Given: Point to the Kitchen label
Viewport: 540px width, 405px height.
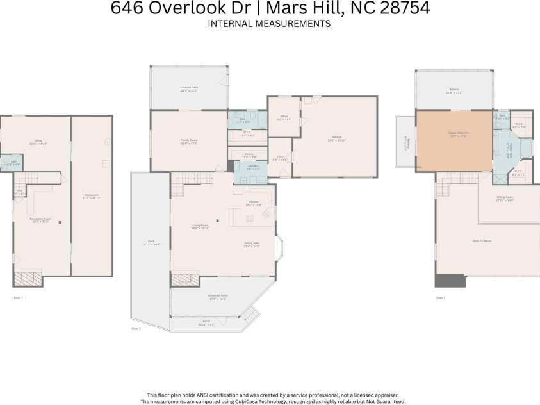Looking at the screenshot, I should pos(254,203).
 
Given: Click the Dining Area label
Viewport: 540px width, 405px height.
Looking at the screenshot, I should pos(252,244).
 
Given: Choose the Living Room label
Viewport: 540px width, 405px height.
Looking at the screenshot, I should pos(200,226).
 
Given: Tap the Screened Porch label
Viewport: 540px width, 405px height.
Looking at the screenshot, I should pos(219,297).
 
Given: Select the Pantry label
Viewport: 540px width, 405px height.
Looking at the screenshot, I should pos(250,156).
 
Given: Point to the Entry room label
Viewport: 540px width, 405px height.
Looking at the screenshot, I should pos(280,158).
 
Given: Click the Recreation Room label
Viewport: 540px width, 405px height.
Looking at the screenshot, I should pos(40,220).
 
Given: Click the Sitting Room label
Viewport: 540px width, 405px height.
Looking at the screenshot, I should pos(505,199).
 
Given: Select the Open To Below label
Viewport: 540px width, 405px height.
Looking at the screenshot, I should pos(481,241).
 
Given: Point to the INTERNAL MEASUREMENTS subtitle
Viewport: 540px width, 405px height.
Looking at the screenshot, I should pos(269,24).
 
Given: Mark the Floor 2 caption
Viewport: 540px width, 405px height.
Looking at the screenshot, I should pos(136,328).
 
